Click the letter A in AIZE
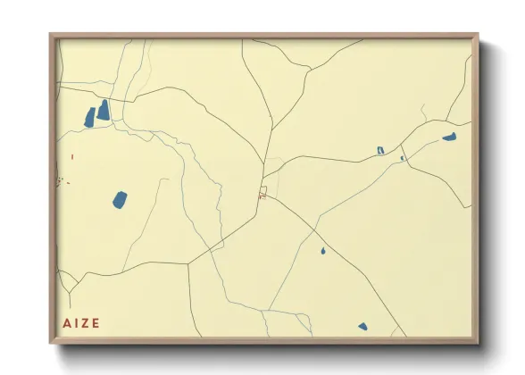click(67, 323)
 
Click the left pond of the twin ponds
click(89, 117)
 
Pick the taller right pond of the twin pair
click(104, 110)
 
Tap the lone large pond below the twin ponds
click(120, 200)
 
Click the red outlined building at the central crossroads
click(263, 190)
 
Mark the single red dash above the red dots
click(72, 157)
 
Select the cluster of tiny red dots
click(61, 182)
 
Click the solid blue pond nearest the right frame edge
click(449, 137)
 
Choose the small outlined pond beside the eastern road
click(380, 150)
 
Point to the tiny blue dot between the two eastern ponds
click(402, 158)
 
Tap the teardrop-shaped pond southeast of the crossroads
click(322, 251)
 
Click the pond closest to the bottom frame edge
click(362, 327)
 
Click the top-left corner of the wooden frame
click(51, 35)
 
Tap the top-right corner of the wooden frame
click(478, 35)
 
